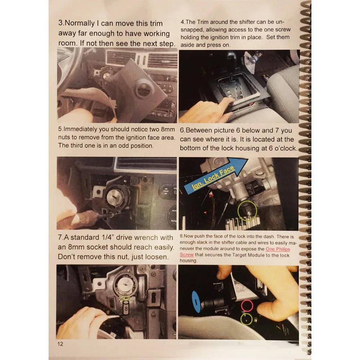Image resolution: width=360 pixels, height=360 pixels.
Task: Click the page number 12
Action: tap(60, 344)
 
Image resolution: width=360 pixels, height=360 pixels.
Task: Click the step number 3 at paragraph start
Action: tap(60, 23)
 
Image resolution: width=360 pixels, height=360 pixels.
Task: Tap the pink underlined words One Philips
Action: tap(278, 249)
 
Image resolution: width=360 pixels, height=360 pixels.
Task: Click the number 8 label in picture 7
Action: tap(126, 308)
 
